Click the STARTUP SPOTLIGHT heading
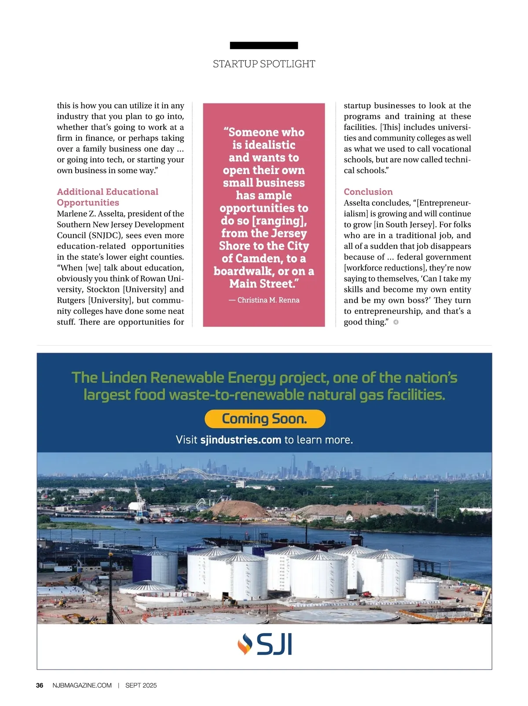coord(264,64)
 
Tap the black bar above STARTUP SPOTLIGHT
coord(264,45)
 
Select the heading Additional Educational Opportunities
coord(107,197)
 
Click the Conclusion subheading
coord(368,192)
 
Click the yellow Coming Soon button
coord(264,419)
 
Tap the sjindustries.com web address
coord(241,440)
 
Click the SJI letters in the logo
coord(274,645)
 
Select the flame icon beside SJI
coord(245,644)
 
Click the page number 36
coord(40,685)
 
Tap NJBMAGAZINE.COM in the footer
coord(82,685)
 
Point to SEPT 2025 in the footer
coord(141,685)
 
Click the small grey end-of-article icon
coord(396,322)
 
